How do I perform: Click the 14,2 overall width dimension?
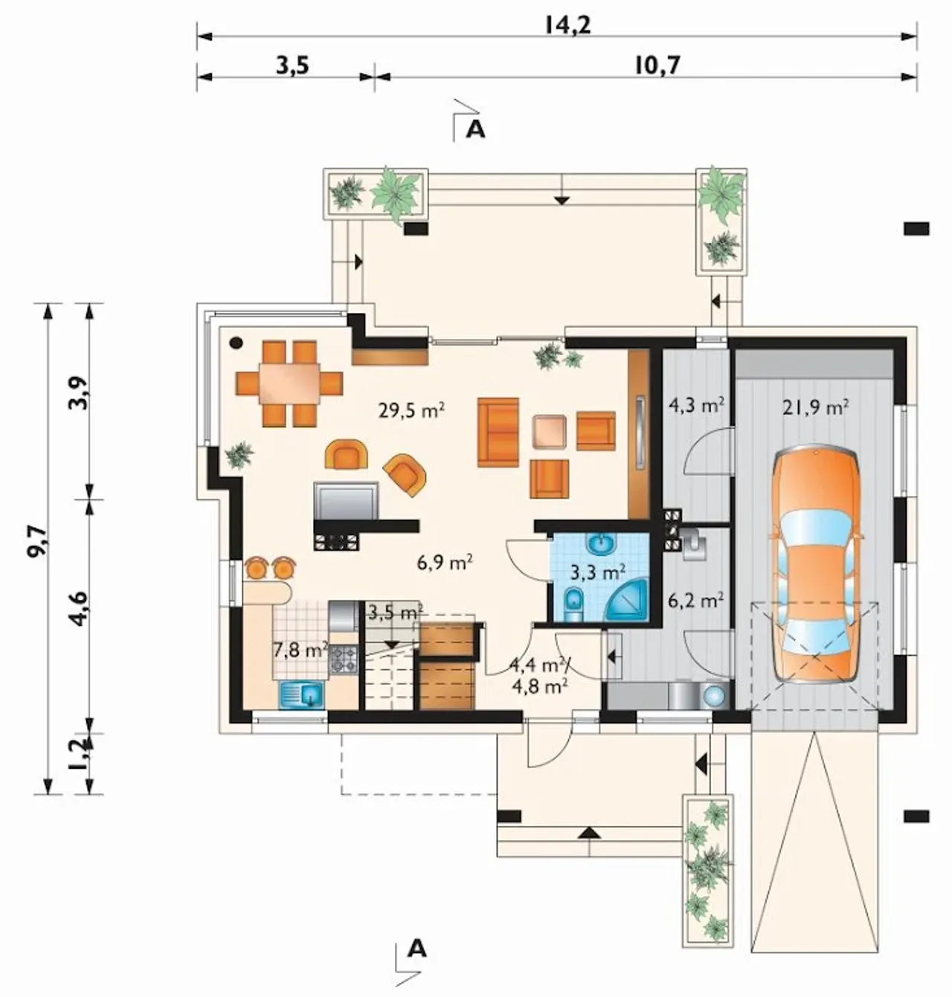pyautogui.click(x=568, y=25)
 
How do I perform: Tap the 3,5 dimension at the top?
pyautogui.click(x=293, y=66)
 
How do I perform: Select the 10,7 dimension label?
pyautogui.click(x=657, y=65)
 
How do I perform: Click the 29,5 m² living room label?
pyautogui.click(x=411, y=410)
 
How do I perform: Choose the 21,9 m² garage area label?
pyautogui.click(x=816, y=407)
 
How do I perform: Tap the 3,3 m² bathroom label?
pyautogui.click(x=598, y=573)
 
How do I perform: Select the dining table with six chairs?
pyautogui.click(x=289, y=384)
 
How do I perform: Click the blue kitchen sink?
pyautogui.click(x=301, y=694)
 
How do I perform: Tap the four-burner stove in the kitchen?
pyautogui.click(x=344, y=659)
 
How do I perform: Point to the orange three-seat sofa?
pyautogui.click(x=498, y=432)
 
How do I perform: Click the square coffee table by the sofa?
pyautogui.click(x=549, y=431)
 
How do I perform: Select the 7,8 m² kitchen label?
pyautogui.click(x=300, y=650)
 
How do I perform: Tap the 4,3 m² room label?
pyautogui.click(x=695, y=405)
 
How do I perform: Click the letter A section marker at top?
pyautogui.click(x=475, y=130)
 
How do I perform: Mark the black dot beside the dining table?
pyautogui.click(x=236, y=343)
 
